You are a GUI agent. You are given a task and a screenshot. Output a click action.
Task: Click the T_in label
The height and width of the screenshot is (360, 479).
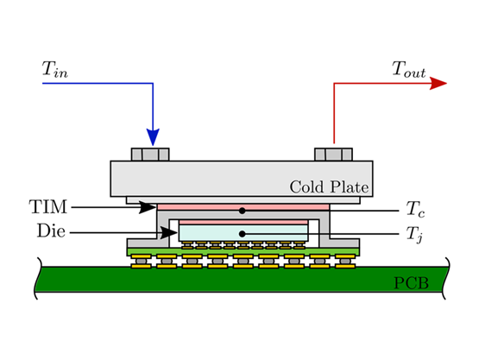pos(54,70)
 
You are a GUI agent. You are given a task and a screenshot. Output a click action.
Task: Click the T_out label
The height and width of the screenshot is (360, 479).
pos(409,70)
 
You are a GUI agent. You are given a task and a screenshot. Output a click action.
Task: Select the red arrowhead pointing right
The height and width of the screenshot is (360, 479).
pos(438,84)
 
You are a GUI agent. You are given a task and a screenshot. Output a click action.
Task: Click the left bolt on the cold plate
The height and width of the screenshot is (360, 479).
pos(150,155)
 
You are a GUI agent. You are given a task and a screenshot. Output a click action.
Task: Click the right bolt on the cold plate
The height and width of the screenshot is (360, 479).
pos(333,155)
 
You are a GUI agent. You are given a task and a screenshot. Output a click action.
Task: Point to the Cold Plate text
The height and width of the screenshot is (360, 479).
pos(329,186)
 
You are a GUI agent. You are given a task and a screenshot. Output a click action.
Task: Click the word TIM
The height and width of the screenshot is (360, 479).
pos(47,207)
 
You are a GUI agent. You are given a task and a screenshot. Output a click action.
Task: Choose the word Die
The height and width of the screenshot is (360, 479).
pos(51,231)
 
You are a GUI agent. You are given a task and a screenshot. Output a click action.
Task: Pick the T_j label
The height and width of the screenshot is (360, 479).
pos(413,233)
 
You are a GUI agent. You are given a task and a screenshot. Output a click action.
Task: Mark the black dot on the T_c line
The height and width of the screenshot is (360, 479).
pos(243,210)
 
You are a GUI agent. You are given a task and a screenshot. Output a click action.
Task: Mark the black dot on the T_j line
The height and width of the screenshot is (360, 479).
pos(243,233)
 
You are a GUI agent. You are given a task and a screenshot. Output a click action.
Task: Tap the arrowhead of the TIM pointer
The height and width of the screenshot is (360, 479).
pos(148,207)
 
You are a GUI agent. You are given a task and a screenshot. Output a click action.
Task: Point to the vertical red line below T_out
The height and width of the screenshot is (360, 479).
pos(334,112)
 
